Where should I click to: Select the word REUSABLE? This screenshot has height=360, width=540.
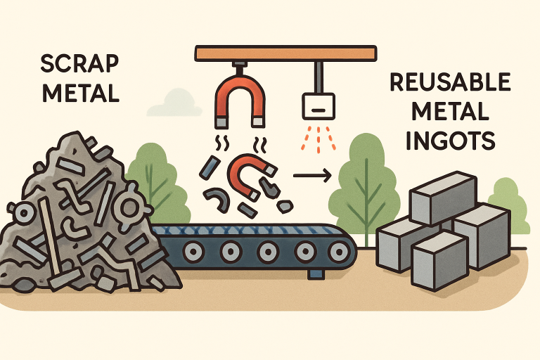tap(449, 83)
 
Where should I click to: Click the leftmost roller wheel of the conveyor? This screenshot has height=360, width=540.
tap(190, 250)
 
